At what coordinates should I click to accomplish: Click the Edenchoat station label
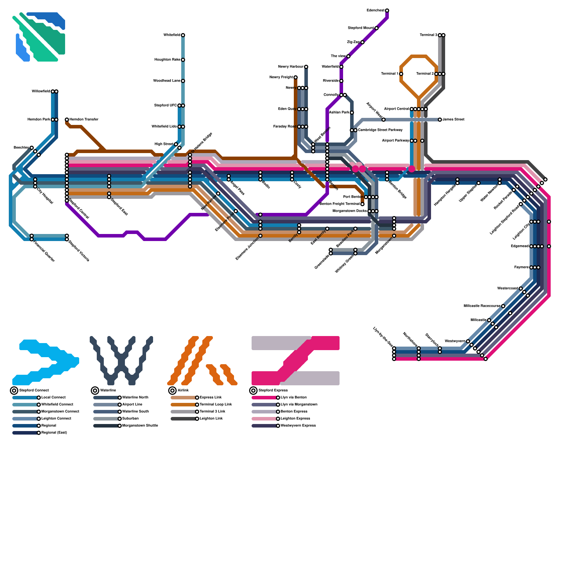[375, 11]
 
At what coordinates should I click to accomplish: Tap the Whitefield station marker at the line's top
[183, 35]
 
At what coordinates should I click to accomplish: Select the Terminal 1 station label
[390, 74]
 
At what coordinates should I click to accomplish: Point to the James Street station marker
[440, 120]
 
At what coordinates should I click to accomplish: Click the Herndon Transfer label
[84, 120]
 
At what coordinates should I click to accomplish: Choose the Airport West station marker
[384, 120]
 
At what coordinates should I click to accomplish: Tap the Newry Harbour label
[291, 67]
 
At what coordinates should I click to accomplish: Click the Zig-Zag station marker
[362, 42]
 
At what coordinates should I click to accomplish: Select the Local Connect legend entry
[53, 398]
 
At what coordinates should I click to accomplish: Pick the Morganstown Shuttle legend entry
[140, 426]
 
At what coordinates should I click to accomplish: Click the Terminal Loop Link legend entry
[216, 405]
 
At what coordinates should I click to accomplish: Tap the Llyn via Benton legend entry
[294, 398]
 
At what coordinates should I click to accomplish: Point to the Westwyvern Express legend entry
[298, 426]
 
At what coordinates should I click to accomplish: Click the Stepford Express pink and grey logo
[296, 361]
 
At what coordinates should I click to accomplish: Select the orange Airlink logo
[202, 361]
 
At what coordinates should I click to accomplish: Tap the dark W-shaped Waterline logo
[121, 361]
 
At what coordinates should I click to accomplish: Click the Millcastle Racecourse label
[482, 306]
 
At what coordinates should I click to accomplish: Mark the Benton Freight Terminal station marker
[362, 204]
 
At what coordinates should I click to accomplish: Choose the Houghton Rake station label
[167, 60]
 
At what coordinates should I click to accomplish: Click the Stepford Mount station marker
[377, 28]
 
